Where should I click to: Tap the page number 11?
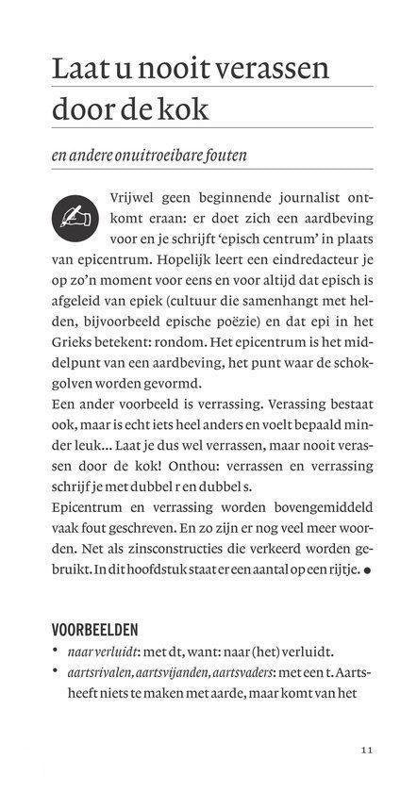(367, 751)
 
